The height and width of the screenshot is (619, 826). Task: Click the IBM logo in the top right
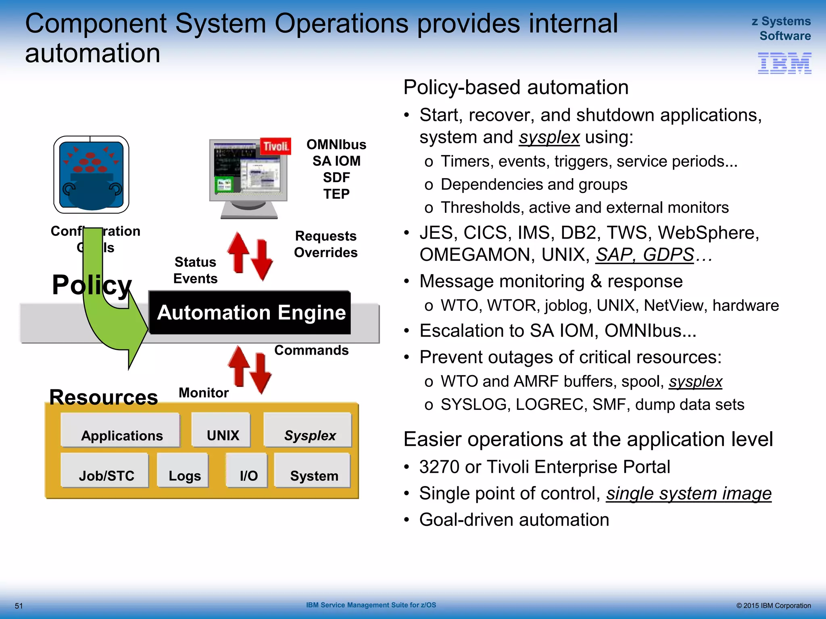784,63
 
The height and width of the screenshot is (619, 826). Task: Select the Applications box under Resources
121,430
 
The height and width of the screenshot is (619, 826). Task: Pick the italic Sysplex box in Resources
308,430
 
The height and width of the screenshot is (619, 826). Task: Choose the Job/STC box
105,471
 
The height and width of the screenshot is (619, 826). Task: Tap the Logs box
184,471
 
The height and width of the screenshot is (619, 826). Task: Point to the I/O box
247,471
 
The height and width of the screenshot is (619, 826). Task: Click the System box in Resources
313,471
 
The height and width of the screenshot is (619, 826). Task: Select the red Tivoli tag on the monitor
275,146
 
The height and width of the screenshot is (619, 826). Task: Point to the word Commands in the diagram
311,351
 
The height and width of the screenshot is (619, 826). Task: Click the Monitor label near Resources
204,393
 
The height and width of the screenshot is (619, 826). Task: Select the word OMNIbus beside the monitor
336,145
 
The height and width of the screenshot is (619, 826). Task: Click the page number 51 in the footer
19,606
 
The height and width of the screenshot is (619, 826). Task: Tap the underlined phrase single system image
688,494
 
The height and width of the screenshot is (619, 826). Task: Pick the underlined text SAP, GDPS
645,255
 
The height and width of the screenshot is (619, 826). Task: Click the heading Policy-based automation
516,87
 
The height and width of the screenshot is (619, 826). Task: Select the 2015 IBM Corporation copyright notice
773,606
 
